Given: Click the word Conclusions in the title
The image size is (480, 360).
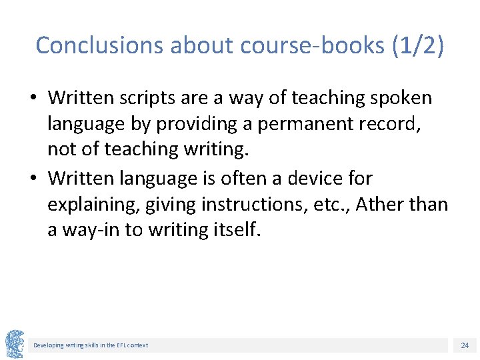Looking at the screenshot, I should click(x=99, y=45).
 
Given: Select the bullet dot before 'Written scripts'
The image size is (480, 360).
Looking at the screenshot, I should click(x=32, y=99).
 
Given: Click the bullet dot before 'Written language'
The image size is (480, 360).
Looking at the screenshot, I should click(x=32, y=179).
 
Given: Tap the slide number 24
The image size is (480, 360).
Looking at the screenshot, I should click(x=465, y=345).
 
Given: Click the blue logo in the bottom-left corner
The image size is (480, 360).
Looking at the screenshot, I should click(x=15, y=344).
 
